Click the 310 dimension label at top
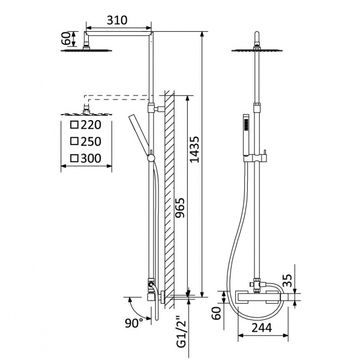(117, 20)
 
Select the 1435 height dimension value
(194, 149)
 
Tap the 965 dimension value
(179, 208)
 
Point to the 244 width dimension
(262, 328)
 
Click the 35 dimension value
(287, 281)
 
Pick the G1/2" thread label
(182, 332)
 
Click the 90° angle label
(134, 323)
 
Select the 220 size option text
(91, 125)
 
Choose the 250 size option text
(91, 142)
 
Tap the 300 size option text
(91, 158)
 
